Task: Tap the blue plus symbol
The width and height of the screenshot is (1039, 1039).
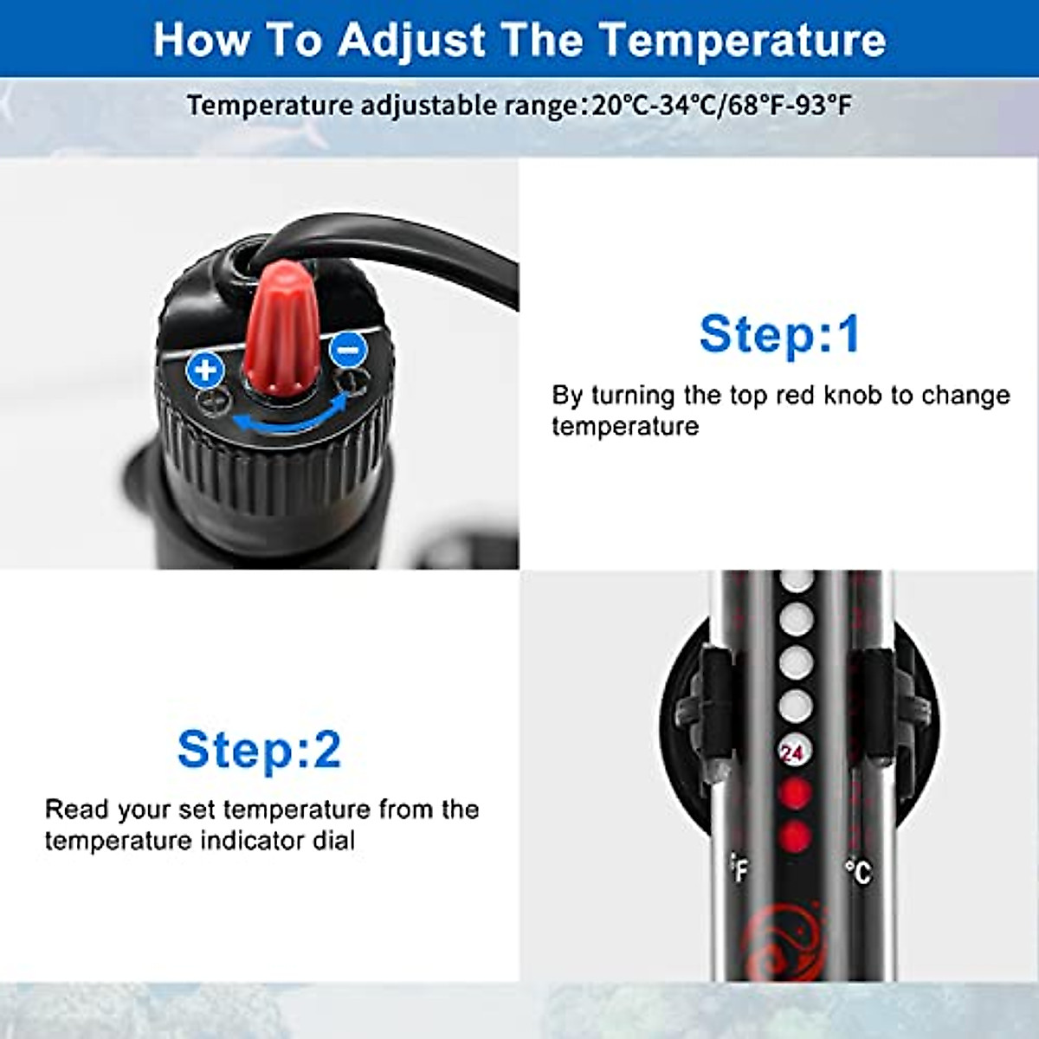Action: [205, 371]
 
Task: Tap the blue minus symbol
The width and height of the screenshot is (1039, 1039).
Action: [348, 350]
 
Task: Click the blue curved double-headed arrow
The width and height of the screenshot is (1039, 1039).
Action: [290, 417]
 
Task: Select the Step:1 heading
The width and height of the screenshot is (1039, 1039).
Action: [779, 334]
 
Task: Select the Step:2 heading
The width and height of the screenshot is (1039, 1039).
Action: [259, 750]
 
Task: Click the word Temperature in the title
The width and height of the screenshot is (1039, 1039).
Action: [742, 40]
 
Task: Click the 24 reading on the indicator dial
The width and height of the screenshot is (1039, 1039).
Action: [793, 752]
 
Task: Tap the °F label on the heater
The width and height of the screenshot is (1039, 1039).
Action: [739, 868]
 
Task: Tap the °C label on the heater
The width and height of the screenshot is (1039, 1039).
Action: [857, 871]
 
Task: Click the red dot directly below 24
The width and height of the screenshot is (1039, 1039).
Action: [795, 793]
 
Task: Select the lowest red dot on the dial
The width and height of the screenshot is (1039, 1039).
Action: [795, 836]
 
